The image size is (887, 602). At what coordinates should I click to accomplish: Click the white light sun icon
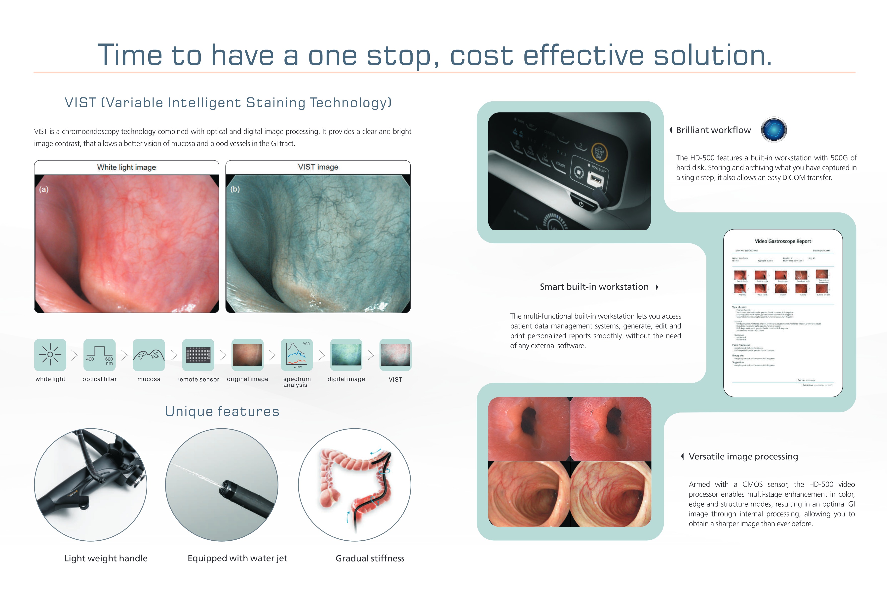(x=50, y=355)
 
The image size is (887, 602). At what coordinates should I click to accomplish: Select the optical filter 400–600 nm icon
(x=99, y=355)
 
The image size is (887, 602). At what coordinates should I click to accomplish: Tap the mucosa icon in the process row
(x=149, y=355)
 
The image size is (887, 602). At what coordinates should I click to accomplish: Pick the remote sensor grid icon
(x=198, y=355)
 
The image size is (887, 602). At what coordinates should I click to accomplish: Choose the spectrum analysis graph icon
(x=297, y=355)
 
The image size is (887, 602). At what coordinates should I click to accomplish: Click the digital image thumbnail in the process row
(x=346, y=355)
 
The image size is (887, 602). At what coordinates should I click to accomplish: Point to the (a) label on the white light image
(x=44, y=189)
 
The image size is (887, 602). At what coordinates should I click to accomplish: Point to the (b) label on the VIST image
(x=235, y=189)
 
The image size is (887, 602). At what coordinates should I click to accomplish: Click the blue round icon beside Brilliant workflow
(x=774, y=130)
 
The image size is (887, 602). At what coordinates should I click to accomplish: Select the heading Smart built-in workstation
(x=594, y=287)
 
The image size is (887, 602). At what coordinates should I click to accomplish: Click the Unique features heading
(x=222, y=411)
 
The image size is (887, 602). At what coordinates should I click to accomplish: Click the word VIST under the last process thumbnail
(x=395, y=379)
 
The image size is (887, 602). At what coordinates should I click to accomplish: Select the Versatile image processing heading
(x=743, y=457)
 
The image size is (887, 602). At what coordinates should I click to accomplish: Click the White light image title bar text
(x=126, y=167)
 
